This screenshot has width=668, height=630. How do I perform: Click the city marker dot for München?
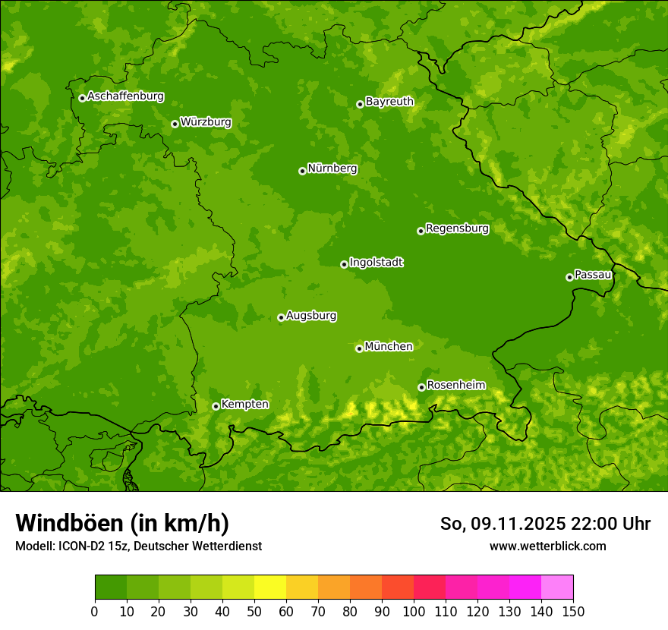pyautogui.click(x=360, y=348)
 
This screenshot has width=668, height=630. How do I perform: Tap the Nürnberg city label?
pyautogui.click(x=332, y=169)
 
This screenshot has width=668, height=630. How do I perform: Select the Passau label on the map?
pyautogui.click(x=593, y=275)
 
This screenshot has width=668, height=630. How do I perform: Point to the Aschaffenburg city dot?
pyautogui.click(x=82, y=98)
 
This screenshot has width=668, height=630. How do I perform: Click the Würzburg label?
pyautogui.click(x=206, y=122)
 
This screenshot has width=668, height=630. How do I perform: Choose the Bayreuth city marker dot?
pyautogui.click(x=360, y=104)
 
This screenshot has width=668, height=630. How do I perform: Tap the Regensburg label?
pyautogui.click(x=457, y=228)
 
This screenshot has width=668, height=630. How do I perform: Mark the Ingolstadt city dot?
pyautogui.click(x=344, y=264)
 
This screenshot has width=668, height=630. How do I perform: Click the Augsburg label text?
pyautogui.click(x=311, y=316)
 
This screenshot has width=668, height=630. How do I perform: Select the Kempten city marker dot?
pyautogui.click(x=216, y=406)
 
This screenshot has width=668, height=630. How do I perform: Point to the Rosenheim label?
pyautogui.click(x=455, y=386)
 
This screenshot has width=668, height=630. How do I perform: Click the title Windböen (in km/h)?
pyautogui.click(x=121, y=524)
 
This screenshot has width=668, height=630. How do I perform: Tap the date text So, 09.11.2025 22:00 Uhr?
pyautogui.click(x=545, y=524)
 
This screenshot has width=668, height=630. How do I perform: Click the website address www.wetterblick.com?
pyautogui.click(x=547, y=546)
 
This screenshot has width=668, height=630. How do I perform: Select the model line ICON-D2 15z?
pyautogui.click(x=138, y=547)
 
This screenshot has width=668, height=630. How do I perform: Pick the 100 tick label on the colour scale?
pyautogui.click(x=414, y=611)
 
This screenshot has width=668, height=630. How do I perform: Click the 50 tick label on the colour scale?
pyautogui.click(x=254, y=611)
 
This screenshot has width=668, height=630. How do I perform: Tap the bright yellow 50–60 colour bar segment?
pyautogui.click(x=270, y=587)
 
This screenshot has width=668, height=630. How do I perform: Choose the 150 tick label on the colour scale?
pyautogui.click(x=573, y=611)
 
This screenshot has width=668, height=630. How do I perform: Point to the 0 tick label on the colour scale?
pyautogui.click(x=95, y=611)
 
